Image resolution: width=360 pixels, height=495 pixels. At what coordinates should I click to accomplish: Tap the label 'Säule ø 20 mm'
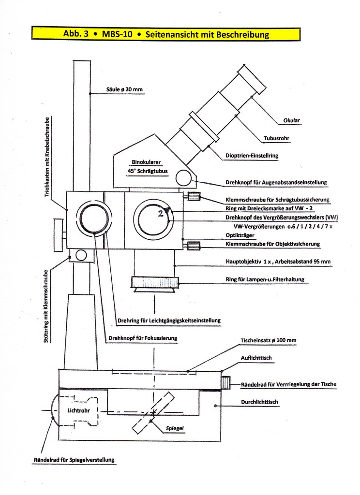(124, 89)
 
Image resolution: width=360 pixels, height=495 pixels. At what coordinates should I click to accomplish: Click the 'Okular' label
(291, 120)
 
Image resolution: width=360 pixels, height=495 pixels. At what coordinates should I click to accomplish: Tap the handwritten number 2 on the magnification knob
(161, 214)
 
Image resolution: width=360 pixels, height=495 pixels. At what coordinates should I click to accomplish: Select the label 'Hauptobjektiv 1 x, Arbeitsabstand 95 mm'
(278, 262)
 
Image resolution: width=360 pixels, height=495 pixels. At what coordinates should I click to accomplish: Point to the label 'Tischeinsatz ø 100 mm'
(268, 341)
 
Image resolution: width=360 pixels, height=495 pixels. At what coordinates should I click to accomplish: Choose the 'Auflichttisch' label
(256, 358)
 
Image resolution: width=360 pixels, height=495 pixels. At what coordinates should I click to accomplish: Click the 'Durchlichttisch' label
(259, 402)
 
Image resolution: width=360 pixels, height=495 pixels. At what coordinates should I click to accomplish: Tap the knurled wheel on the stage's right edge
(226, 382)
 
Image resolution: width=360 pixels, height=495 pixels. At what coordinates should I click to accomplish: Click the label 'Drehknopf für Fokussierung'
(143, 338)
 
